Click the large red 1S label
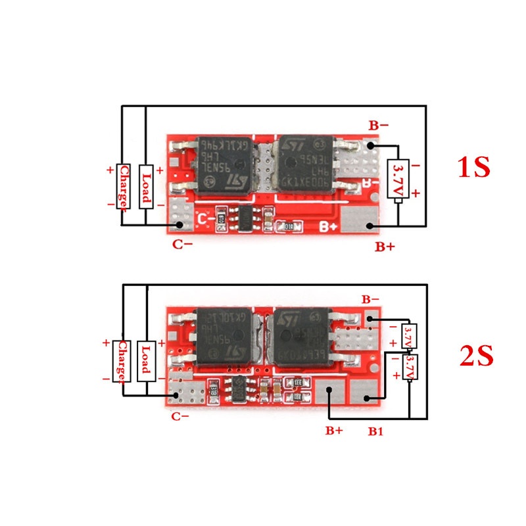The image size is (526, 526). point(473,167)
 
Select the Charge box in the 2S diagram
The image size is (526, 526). point(122,360)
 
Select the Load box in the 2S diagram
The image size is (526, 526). point(146,360)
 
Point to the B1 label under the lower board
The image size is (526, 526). point(375,431)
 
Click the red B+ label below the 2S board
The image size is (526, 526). point(334,431)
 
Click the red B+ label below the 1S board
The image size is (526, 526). point(385,247)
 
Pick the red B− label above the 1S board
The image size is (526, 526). point(378,125)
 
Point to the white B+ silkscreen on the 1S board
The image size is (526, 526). point(329,227)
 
